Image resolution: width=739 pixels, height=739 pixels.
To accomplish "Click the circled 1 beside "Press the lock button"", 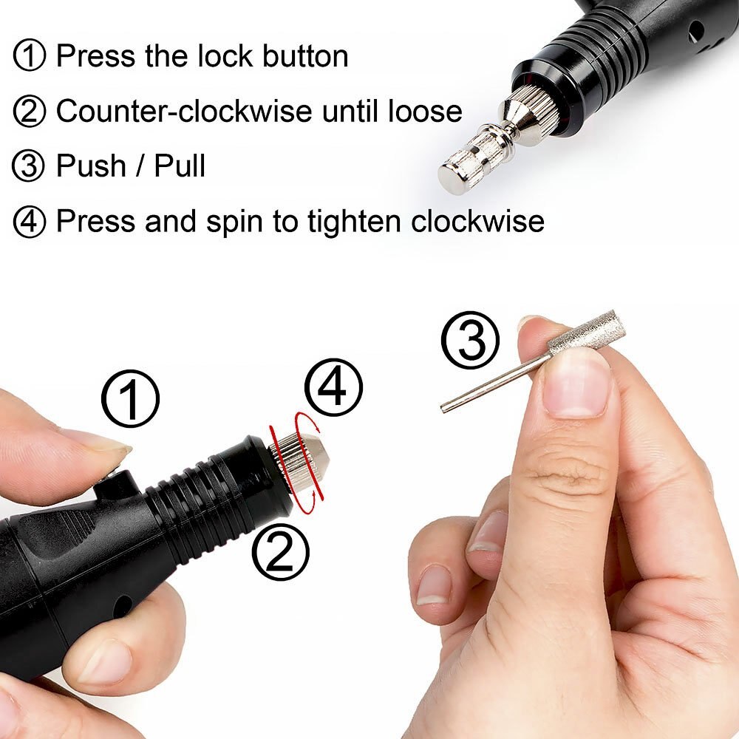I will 30,57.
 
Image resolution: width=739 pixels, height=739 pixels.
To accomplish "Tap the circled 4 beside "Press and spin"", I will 30,222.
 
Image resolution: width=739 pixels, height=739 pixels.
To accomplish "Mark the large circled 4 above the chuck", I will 334,386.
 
